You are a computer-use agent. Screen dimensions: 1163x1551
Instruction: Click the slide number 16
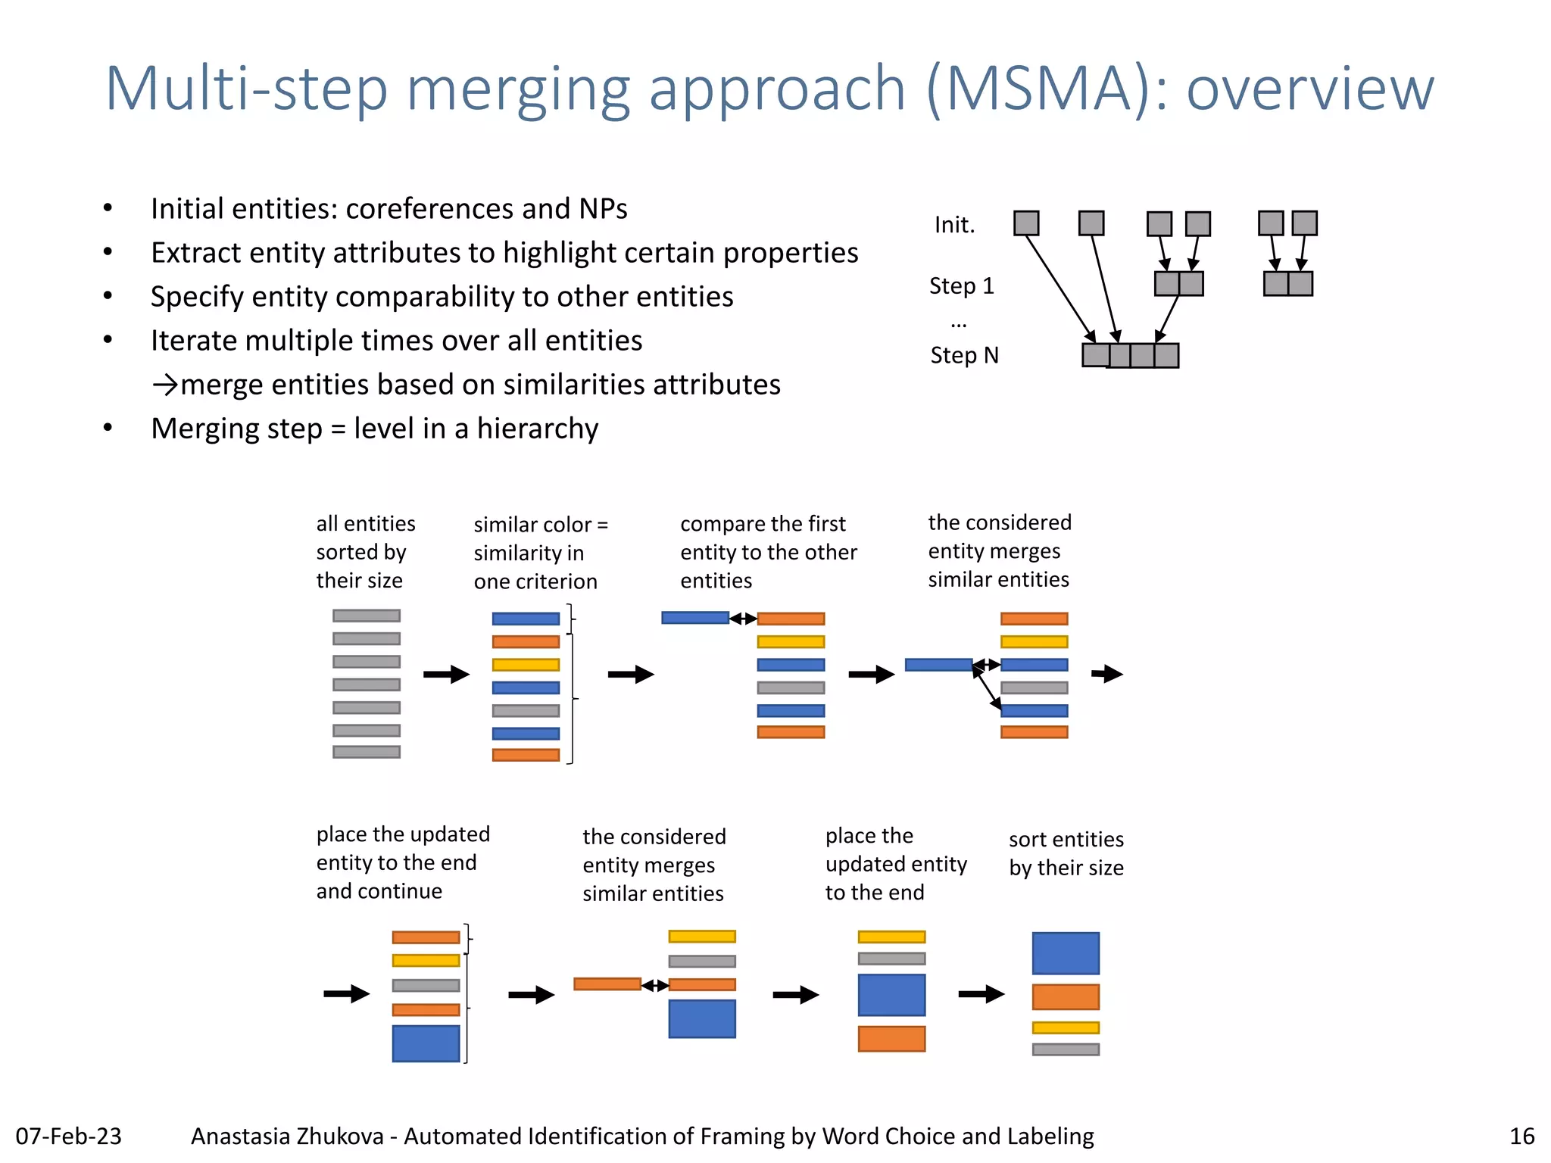tap(1521, 1136)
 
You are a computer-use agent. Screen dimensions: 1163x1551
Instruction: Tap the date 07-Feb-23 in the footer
tap(68, 1136)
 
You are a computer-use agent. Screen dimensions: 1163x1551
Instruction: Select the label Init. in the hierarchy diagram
tap(954, 225)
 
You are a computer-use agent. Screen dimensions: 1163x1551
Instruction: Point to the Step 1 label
tap(961, 286)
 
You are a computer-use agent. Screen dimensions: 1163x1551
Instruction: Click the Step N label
tap(964, 355)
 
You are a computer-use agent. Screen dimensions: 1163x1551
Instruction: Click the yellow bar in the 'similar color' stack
tap(526, 665)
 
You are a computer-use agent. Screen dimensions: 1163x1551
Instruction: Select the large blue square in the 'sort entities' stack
tap(1066, 953)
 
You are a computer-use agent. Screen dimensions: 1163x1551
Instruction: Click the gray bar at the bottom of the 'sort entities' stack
tap(1066, 1049)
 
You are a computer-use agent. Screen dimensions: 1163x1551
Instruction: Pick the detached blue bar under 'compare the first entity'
tap(695, 618)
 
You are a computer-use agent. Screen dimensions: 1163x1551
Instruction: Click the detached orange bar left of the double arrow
tap(607, 984)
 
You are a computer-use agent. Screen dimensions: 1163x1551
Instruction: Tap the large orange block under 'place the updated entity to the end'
tap(891, 1039)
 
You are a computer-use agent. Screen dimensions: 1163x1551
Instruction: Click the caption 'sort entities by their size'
tap(1066, 853)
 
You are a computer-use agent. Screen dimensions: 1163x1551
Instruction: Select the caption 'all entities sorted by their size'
tap(365, 552)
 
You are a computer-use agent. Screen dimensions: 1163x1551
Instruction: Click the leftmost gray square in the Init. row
tap(1026, 223)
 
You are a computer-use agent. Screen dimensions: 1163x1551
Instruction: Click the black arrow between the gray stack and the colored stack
tap(446, 674)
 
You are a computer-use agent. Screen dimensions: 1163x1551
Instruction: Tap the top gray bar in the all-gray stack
tap(367, 616)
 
